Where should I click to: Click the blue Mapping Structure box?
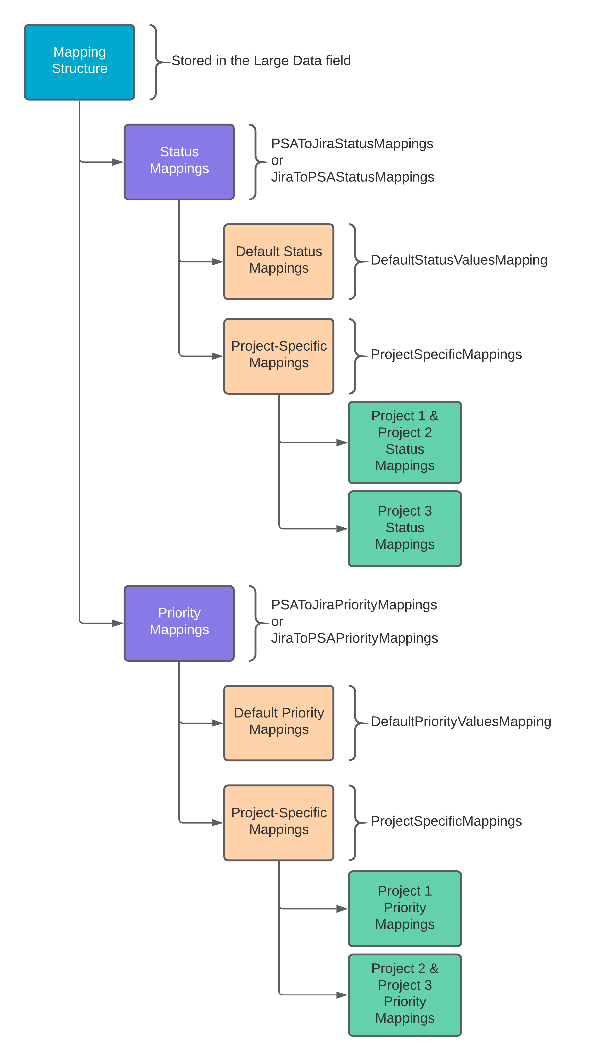pos(79,62)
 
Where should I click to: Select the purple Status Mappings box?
pos(179,162)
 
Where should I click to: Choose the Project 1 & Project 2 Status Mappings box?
pos(405,442)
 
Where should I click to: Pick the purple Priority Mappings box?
pos(179,623)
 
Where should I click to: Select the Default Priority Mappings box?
pos(279,723)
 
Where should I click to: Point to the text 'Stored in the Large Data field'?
pos(261,61)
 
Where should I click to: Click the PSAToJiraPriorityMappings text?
pos(354,605)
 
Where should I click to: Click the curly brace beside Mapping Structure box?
pos(155,62)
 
